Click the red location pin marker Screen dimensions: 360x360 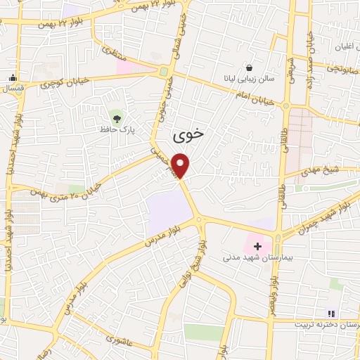pyautogui.click(x=181, y=166)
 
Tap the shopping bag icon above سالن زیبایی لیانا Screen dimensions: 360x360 pyautogui.click(x=250, y=67)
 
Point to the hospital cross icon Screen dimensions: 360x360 pyautogui.click(x=258, y=246)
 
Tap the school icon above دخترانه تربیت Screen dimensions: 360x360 pyautogui.click(x=331, y=314)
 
